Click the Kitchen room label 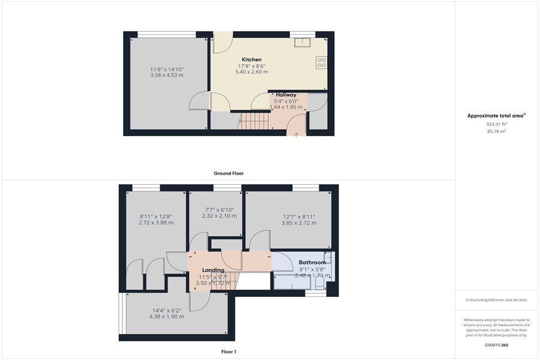252,59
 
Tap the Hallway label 286,95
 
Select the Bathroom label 312,263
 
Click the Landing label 213,270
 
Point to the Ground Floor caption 229,173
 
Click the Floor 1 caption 229,352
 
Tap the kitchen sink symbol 302,41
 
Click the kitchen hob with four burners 321,62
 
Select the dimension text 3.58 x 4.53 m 167,76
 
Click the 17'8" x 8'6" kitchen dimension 252,66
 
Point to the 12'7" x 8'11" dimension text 299,217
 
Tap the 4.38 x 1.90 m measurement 167,316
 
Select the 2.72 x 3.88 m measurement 156,223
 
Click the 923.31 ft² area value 496,124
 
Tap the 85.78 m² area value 496,130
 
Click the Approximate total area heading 496,115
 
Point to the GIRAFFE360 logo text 496,345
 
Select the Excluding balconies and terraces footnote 496,300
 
